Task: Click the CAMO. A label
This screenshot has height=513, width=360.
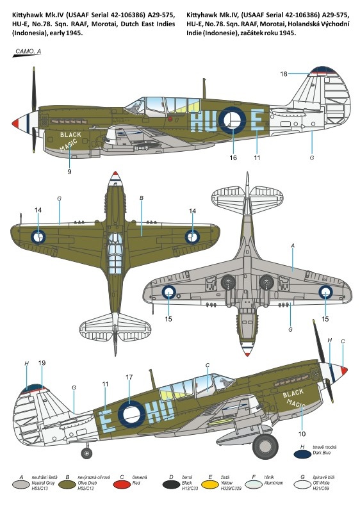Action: point(28,51)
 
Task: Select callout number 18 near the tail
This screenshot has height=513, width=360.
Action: point(283,74)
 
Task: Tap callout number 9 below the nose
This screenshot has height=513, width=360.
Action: point(69,172)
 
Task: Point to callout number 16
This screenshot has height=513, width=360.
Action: point(233,158)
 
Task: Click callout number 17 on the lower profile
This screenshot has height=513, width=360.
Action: point(129,377)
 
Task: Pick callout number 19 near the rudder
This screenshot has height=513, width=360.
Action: point(42,363)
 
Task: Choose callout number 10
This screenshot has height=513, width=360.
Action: point(302,434)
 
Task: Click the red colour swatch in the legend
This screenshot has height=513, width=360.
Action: point(122,485)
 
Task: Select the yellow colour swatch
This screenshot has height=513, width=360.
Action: point(209,485)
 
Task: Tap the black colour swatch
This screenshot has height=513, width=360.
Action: point(171,485)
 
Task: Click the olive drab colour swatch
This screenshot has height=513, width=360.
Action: point(67,485)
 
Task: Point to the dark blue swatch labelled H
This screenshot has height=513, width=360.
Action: point(302,454)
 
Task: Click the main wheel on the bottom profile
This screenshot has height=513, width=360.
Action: point(265,446)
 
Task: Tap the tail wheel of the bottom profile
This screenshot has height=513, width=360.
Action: point(86,453)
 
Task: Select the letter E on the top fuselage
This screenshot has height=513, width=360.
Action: point(258,120)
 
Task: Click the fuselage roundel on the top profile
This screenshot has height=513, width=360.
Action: point(233,120)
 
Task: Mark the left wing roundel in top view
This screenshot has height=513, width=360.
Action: point(38,236)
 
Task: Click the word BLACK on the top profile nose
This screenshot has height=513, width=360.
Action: point(70,134)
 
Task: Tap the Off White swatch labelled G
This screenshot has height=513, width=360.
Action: point(302,485)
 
